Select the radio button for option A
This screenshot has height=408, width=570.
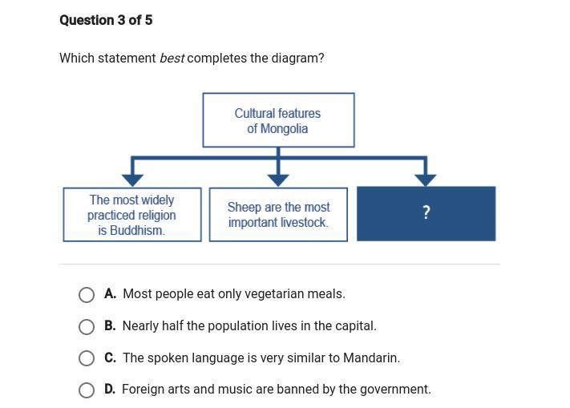(x=87, y=295)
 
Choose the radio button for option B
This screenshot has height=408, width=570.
(x=87, y=326)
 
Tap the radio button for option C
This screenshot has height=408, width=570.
(x=87, y=358)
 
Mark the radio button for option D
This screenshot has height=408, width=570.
(x=87, y=390)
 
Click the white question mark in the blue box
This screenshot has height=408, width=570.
(x=426, y=212)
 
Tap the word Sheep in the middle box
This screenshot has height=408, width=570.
(x=244, y=207)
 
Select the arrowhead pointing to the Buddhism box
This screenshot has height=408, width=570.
(x=132, y=180)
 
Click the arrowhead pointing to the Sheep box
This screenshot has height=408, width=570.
(x=278, y=180)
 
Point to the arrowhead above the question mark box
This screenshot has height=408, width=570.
(x=426, y=180)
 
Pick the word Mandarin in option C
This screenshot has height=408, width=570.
(x=370, y=358)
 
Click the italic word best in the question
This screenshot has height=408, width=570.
(x=172, y=59)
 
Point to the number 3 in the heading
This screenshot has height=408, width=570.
(x=121, y=20)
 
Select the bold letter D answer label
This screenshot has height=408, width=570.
(x=109, y=390)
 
